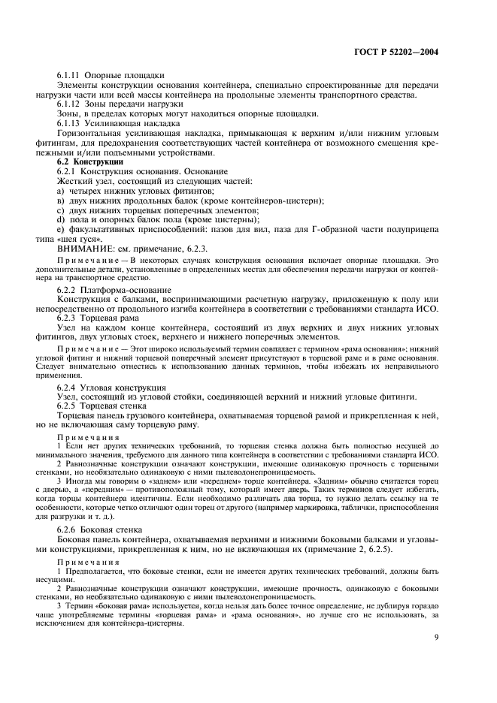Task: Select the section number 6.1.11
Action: point(69,76)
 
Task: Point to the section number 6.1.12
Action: point(69,104)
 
